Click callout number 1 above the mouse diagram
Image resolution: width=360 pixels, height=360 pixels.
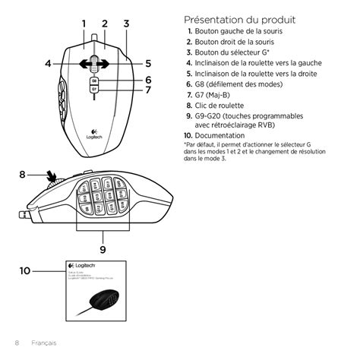coord(83,23)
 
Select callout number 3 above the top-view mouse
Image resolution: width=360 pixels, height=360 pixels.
coord(125,23)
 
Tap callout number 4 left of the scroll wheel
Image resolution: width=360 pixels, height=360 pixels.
coord(47,64)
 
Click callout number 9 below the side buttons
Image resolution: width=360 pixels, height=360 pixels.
coord(102,248)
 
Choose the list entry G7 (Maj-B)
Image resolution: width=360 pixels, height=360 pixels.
coord(219,95)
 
